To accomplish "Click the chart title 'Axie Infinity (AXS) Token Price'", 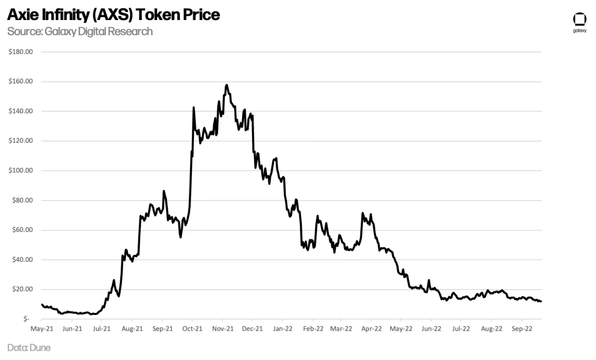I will coord(113,15).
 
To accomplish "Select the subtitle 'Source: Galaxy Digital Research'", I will coord(80,31).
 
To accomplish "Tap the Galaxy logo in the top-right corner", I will coord(579,22).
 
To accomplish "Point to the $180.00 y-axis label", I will coord(21,52).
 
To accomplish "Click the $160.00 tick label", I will coord(21,82).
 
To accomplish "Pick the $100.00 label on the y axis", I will coord(21,171).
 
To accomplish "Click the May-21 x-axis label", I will coord(42,329).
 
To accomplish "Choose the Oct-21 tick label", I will coord(192,329).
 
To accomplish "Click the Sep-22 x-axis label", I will coord(521,329).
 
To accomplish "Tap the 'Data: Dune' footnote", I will coord(29,347).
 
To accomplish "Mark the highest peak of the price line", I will coord(226,85).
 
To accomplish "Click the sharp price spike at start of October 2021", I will coord(193,108).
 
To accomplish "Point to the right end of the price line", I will coord(541,301).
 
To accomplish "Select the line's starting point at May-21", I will coord(42,304).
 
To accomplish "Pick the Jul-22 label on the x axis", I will coord(461,329).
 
